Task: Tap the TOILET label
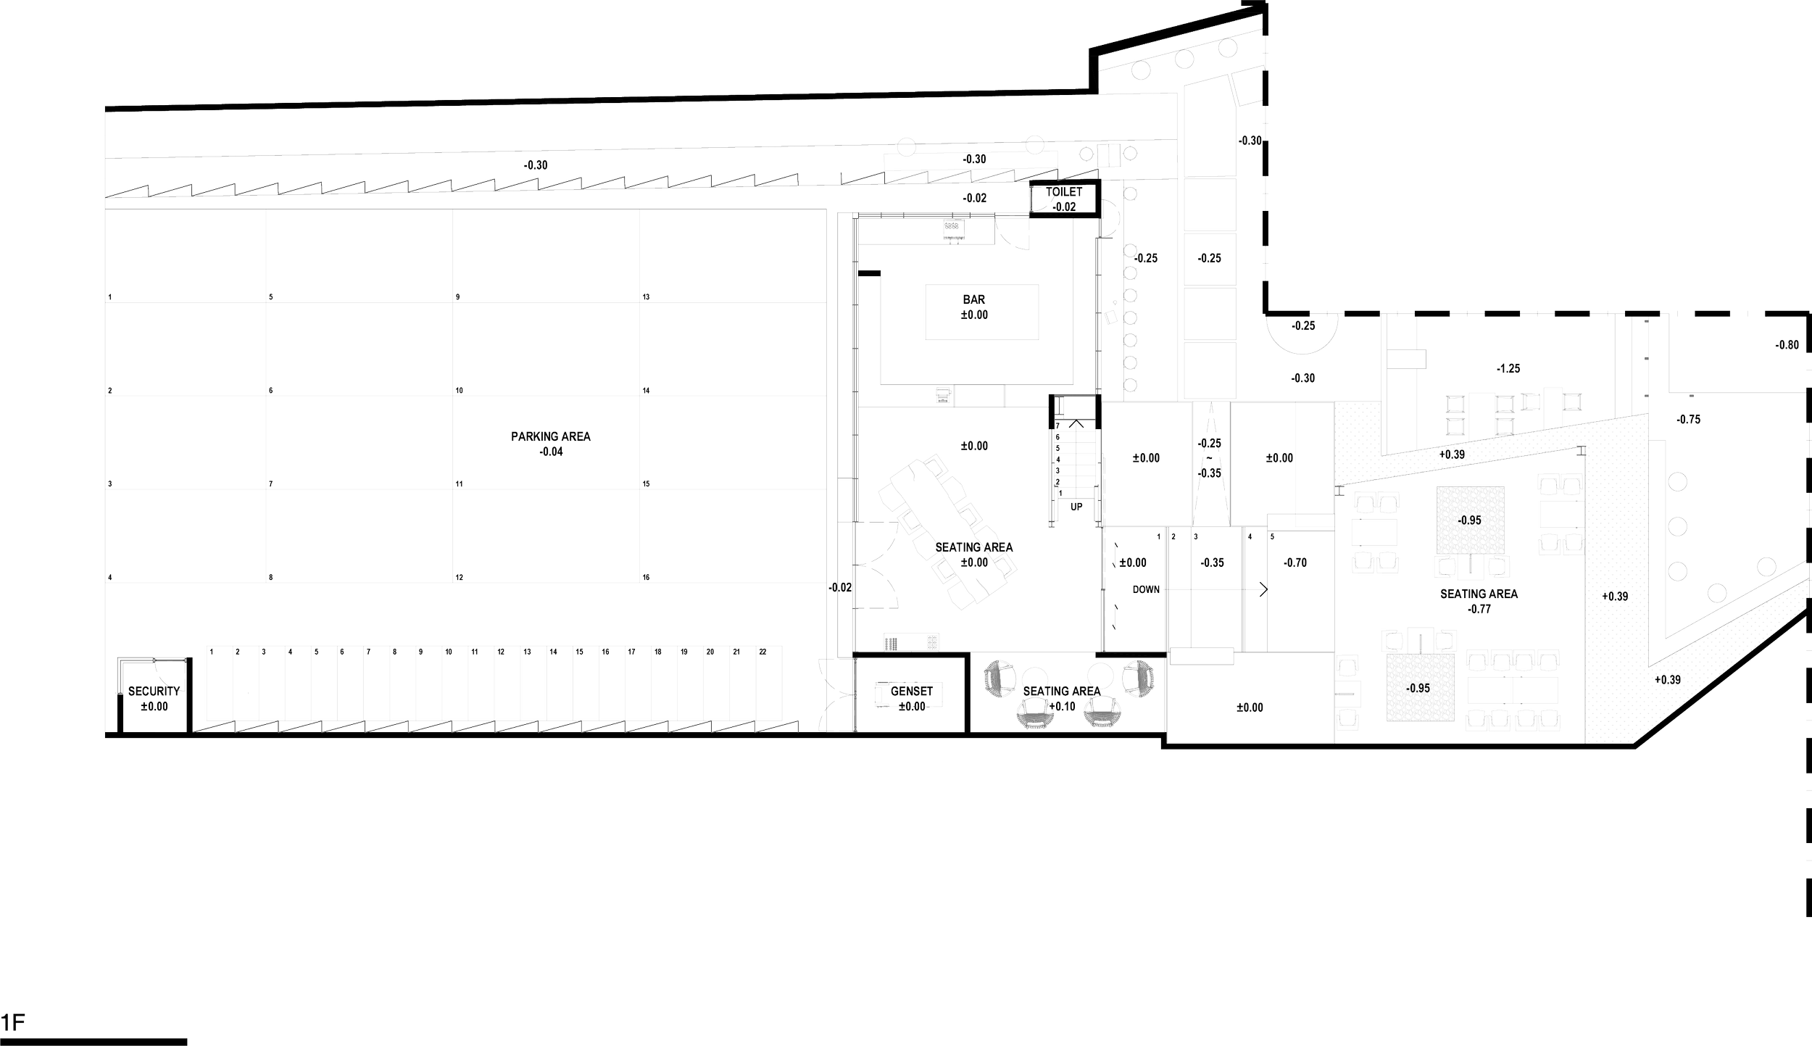click(x=1063, y=193)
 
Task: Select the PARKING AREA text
click(x=552, y=437)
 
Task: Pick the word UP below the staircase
click(x=1076, y=507)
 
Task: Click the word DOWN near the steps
click(x=1147, y=589)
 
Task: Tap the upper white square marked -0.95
click(x=1470, y=520)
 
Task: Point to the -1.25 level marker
click(x=1508, y=369)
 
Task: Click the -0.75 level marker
click(x=1689, y=420)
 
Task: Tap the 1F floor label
click(x=14, y=1024)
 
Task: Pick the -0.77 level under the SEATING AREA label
click(x=1479, y=610)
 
